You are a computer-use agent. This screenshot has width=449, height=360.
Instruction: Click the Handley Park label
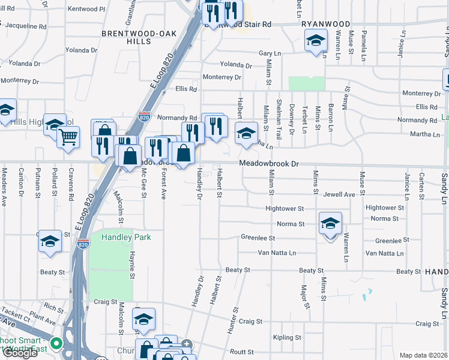[x=118, y=237]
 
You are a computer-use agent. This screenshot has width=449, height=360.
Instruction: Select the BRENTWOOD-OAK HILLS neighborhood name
[x=139, y=38]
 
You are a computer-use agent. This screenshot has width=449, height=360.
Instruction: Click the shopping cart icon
[x=68, y=137]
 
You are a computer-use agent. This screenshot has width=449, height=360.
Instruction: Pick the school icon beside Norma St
[x=330, y=224]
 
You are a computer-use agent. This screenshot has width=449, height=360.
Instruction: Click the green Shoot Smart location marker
[x=56, y=344]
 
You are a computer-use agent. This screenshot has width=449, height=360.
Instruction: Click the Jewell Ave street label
[x=339, y=194]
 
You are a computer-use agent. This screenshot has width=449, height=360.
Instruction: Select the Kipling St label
[x=286, y=338]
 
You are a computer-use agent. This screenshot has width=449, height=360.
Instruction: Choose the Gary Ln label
[x=270, y=53]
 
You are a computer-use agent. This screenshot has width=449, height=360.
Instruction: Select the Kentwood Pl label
[x=86, y=9]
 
